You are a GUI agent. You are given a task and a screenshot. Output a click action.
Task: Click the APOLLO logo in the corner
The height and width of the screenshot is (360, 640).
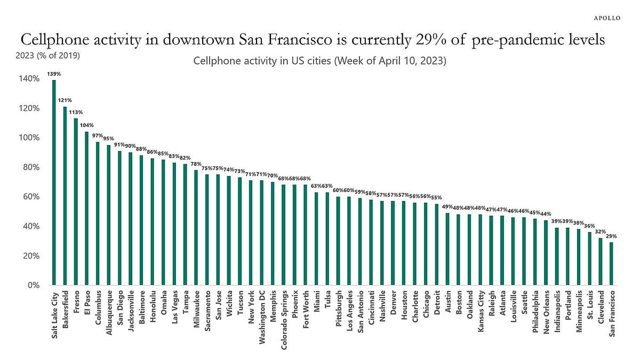(607, 18)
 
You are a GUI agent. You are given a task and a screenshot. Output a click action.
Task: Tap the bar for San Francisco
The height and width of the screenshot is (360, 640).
(611, 263)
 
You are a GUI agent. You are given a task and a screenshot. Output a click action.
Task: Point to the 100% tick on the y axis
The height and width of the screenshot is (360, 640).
(29, 138)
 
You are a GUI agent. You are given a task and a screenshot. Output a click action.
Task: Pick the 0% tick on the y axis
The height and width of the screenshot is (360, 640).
(33, 285)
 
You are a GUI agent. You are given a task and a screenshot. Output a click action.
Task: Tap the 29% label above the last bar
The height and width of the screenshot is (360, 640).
(611, 236)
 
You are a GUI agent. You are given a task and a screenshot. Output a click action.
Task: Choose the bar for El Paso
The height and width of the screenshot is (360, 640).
(87, 208)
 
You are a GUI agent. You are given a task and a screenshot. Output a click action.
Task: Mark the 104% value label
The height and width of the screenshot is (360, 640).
(87, 125)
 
